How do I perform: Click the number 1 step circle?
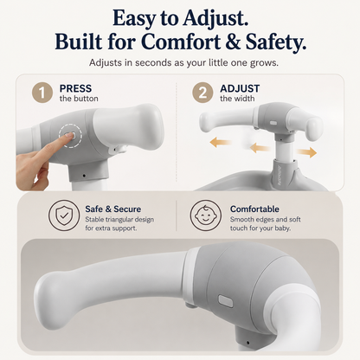(42, 93)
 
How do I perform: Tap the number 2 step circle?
(202, 93)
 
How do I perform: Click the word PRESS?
(75, 88)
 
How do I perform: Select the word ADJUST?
(240, 88)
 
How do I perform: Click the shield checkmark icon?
(64, 215)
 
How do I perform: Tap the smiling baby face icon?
(206, 215)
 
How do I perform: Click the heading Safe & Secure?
(113, 209)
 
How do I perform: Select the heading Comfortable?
(254, 209)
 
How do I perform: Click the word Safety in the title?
(275, 42)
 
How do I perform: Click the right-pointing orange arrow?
(307, 151)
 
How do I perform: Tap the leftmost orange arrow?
(221, 142)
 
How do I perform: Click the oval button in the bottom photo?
(226, 301)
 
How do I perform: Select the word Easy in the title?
(133, 18)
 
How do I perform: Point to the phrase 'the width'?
(237, 99)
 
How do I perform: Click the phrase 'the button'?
(79, 99)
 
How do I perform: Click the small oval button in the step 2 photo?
(273, 123)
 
